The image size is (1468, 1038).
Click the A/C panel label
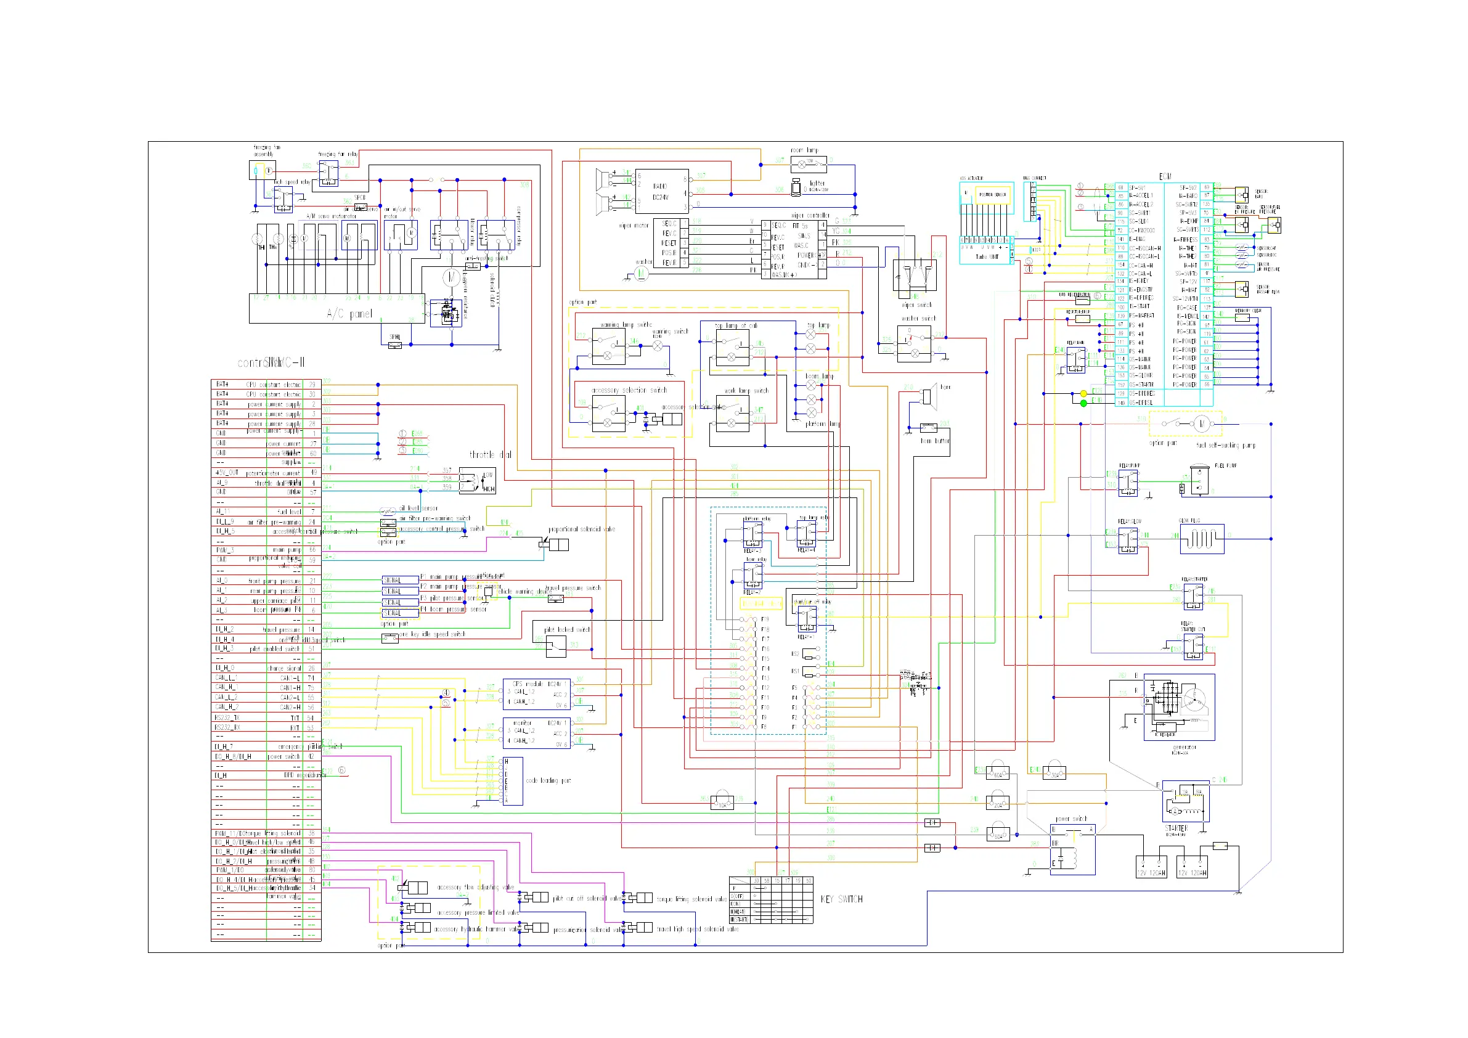click(349, 313)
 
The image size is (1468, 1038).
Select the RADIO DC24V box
click(662, 191)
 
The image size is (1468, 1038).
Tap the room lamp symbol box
click(809, 164)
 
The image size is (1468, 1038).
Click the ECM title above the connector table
click(1165, 176)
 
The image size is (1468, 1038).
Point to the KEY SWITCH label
click(841, 899)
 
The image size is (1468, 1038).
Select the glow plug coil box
click(1202, 539)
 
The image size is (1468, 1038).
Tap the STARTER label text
click(1176, 828)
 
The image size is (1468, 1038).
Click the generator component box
click(1179, 708)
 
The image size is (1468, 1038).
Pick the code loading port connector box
click(513, 781)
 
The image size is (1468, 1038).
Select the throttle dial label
click(491, 455)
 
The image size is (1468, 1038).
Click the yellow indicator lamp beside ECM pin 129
click(1083, 393)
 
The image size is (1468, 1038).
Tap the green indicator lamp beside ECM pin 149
click(1083, 403)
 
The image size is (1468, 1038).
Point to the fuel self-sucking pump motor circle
click(1201, 423)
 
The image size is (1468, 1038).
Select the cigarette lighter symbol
click(796, 188)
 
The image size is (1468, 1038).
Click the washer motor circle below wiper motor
click(642, 274)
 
